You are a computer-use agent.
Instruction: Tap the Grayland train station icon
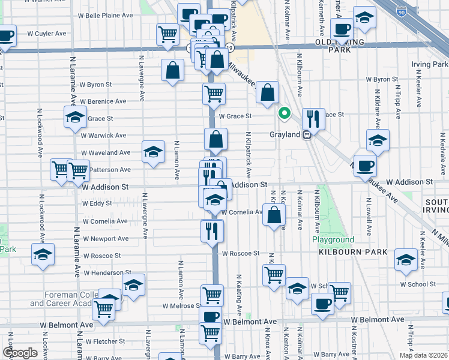[307, 134]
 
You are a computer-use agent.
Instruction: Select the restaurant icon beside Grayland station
[313, 119]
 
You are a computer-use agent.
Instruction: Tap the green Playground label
[333, 240]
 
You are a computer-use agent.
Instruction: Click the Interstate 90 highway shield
[401, 11]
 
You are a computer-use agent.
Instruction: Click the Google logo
[20, 353]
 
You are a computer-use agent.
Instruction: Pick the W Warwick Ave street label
[103, 136]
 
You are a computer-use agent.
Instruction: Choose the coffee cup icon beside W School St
[322, 304]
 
